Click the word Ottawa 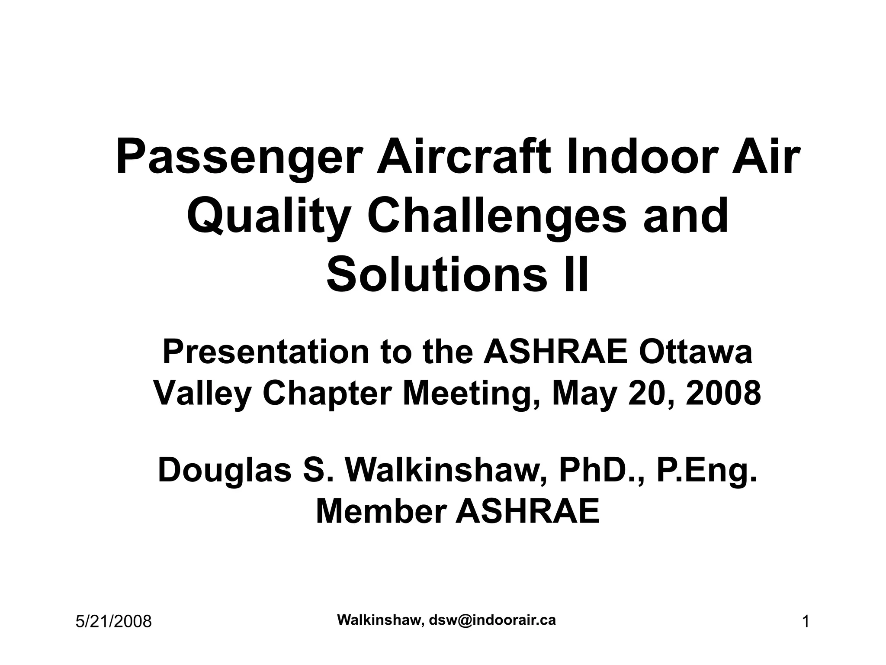tap(695, 352)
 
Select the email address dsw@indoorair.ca tap(492, 620)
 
